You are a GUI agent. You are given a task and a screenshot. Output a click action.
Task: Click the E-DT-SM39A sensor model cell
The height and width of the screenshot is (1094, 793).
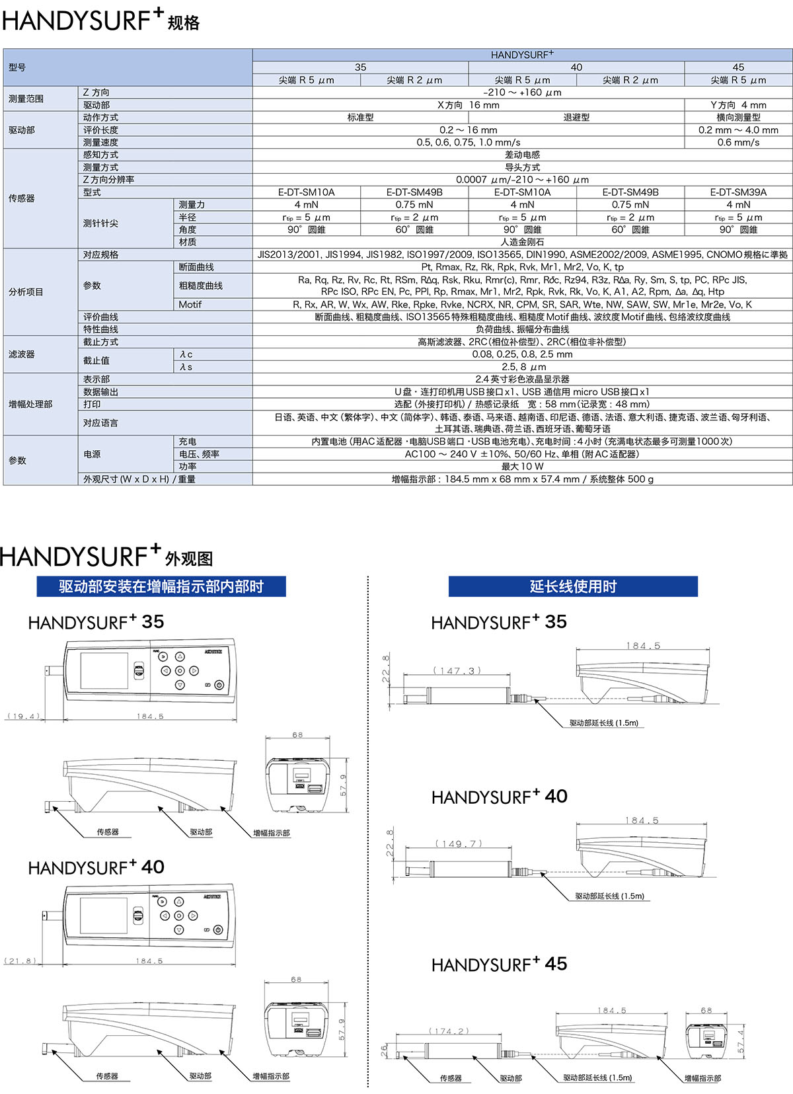(738, 192)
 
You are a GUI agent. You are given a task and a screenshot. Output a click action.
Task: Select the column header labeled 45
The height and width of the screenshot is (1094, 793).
(738, 67)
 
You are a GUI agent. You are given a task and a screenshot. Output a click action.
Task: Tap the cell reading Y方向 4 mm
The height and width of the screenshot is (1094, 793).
(738, 105)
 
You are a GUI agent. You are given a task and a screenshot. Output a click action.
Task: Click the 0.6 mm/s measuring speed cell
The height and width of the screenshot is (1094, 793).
(738, 142)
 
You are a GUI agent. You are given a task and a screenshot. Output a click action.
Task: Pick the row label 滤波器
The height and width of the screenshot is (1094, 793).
(22, 354)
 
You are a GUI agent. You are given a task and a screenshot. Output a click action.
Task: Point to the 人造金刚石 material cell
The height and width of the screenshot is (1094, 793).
(522, 242)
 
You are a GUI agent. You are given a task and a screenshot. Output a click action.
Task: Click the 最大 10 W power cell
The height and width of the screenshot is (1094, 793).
(522, 467)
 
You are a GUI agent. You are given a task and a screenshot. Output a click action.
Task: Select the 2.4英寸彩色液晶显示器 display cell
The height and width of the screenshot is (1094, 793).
(522, 379)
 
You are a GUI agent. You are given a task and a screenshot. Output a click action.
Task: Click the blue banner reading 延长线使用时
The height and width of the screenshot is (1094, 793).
(573, 586)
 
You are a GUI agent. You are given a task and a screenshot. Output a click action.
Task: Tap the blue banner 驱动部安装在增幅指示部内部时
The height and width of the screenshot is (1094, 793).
(161, 586)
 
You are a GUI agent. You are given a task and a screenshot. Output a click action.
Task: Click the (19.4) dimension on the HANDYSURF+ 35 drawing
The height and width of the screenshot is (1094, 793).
(24, 716)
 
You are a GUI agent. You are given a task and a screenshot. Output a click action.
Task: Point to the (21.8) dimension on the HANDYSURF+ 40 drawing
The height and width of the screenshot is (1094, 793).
(22, 960)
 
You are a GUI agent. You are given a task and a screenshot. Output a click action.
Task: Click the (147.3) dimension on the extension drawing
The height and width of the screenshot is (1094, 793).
(457, 670)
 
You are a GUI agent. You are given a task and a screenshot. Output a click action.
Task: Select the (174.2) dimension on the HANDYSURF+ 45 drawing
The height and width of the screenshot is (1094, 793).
(449, 1031)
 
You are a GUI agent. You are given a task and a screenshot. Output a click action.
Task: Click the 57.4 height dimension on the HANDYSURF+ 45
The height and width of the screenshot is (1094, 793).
(741, 1040)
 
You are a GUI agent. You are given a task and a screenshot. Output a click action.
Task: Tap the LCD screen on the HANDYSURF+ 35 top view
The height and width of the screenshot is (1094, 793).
(104, 670)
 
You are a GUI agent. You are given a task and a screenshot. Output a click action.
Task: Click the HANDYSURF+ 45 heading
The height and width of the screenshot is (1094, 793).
(499, 964)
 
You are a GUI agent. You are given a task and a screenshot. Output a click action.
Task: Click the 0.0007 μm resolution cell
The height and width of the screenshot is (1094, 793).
(522, 180)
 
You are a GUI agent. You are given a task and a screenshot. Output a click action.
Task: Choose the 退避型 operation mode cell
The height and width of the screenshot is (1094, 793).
(576, 118)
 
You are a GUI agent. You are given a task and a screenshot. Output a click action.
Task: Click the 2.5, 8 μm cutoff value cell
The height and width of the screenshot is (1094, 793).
(522, 367)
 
